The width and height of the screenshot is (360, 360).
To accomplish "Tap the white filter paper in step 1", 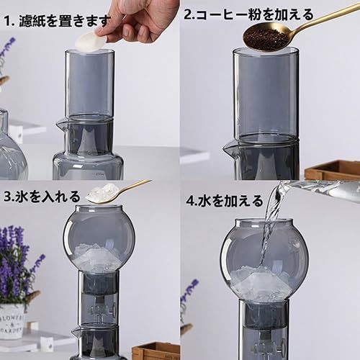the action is [x=89, y=42].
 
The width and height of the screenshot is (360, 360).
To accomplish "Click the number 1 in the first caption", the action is [x=8, y=21].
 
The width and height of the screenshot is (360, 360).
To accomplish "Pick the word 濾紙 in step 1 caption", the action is [x=32, y=21].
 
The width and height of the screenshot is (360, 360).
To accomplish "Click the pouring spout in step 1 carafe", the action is [x=60, y=125].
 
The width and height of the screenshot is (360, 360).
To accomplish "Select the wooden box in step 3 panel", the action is [x=156, y=351].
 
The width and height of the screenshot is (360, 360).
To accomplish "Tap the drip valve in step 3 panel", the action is [x=99, y=310].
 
